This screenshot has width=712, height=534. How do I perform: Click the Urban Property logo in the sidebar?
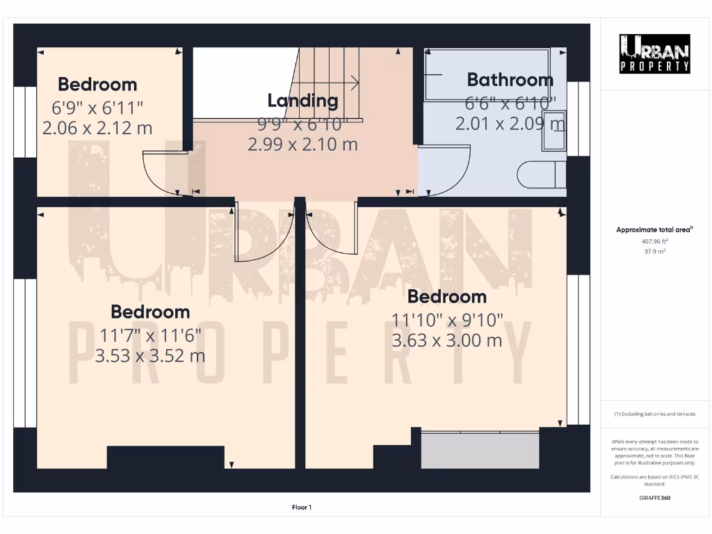tap(655, 54)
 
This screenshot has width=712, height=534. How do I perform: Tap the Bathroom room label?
tap(510, 79)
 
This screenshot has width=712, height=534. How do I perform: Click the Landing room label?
tap(302, 100)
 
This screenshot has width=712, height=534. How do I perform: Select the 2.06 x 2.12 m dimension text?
tap(97, 128)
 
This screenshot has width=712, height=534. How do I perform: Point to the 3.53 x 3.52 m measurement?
tap(150, 356)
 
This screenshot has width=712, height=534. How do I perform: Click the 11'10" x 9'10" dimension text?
tap(447, 320)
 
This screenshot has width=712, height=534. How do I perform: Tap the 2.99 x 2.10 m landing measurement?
tap(302, 145)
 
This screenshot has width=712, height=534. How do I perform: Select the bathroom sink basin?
tap(554, 130)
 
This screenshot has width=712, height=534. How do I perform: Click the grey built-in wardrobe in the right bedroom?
tap(480, 450)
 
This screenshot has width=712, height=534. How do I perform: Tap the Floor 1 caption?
tap(302, 508)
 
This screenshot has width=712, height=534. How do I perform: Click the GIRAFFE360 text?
tap(654, 498)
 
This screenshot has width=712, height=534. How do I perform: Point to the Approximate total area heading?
tap(654, 229)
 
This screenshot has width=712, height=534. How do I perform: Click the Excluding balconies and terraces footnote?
tap(654, 414)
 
